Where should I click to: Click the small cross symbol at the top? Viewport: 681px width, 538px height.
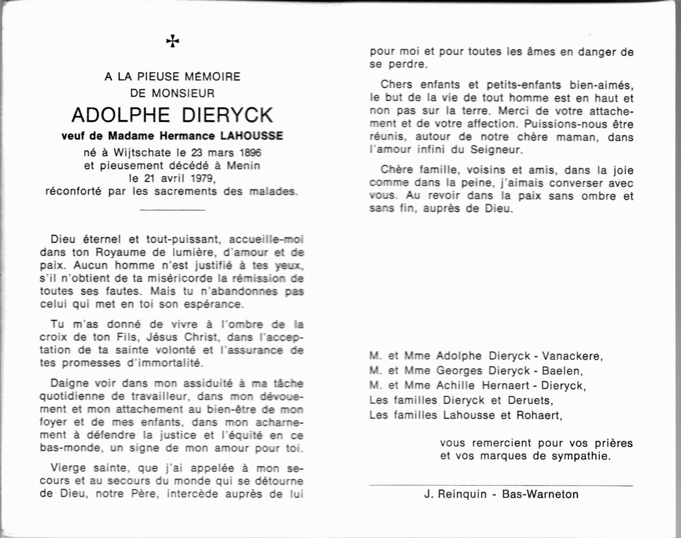[x=172, y=41]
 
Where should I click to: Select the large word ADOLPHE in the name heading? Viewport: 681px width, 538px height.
[x=121, y=115]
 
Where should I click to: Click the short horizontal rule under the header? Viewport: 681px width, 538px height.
[x=172, y=210]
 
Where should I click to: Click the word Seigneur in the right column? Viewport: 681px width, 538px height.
[x=496, y=150]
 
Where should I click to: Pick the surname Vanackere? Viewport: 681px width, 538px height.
[x=572, y=356]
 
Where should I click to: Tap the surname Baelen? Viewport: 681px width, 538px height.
[x=563, y=371]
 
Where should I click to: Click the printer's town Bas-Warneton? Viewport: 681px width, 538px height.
[x=540, y=494]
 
